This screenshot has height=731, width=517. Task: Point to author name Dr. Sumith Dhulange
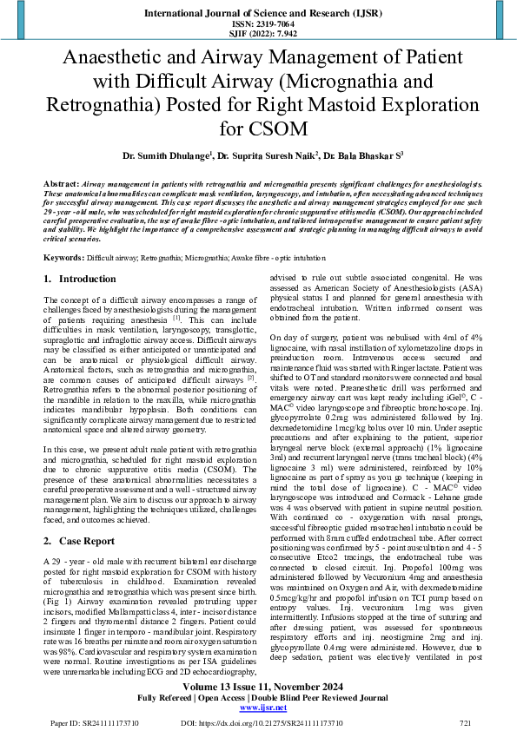pos(165,157)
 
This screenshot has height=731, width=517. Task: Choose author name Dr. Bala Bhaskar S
pos(357,157)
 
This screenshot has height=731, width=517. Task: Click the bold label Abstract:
pos(61,185)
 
